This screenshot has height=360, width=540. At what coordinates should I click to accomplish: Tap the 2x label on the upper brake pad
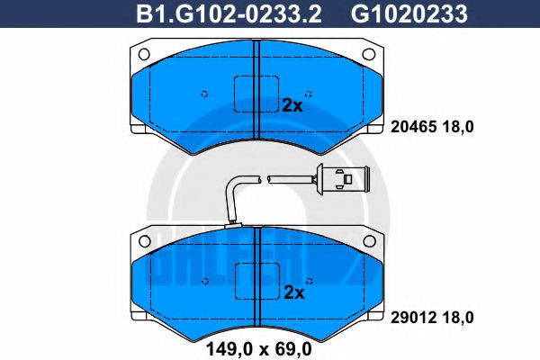point(292,104)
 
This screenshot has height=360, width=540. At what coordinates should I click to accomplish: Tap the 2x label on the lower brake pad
point(292,292)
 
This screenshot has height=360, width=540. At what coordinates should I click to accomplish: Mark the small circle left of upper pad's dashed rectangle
point(205,93)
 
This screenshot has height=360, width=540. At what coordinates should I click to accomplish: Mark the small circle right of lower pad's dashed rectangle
point(308,281)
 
